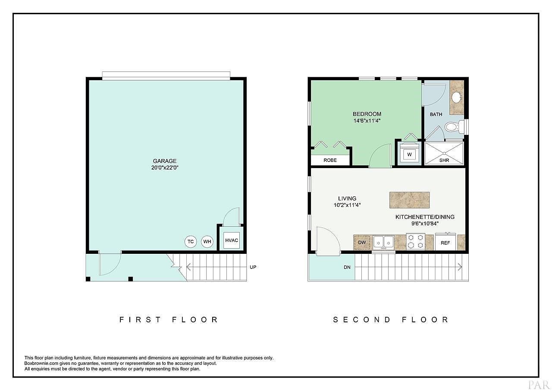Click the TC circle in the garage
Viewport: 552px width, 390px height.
click(x=191, y=241)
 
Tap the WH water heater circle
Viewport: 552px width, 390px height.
click(x=207, y=241)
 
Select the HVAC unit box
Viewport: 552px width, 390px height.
click(x=232, y=240)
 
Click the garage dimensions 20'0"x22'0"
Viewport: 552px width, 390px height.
click(x=165, y=168)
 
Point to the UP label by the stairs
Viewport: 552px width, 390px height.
click(x=253, y=267)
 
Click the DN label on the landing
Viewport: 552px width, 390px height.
click(x=347, y=267)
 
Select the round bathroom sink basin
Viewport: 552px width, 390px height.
click(x=457, y=97)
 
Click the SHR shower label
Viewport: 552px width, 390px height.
click(x=444, y=160)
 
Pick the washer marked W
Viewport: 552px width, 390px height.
click(x=409, y=153)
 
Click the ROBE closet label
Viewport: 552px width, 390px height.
click(x=330, y=160)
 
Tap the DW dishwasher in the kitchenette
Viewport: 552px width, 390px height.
click(x=362, y=243)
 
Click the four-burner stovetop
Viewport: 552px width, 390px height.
click(x=415, y=241)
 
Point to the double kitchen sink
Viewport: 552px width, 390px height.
click(x=383, y=242)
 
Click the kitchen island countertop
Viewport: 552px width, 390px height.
click(x=409, y=200)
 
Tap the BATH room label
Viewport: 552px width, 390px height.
click(x=436, y=114)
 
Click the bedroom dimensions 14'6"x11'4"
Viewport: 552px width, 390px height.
click(x=367, y=121)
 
